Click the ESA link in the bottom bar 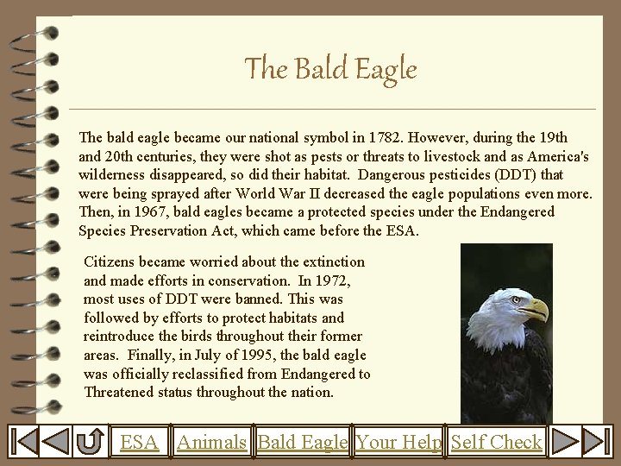coord(139,443)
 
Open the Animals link coord(212,443)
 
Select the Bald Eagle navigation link coord(302,443)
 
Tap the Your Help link coord(398,443)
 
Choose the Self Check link coord(496,443)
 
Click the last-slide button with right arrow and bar coord(594,443)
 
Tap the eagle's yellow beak coord(536,309)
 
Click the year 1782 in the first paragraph coord(385,137)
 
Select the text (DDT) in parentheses coord(516,175)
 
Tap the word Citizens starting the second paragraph coord(111,261)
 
